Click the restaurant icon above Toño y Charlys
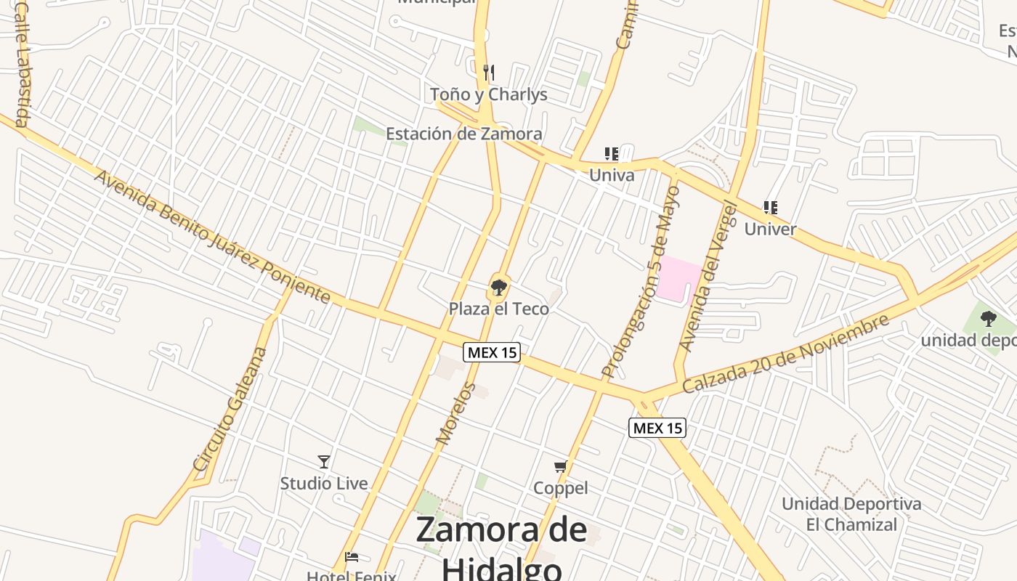(489, 73)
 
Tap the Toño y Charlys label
(489, 94)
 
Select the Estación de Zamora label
(463, 134)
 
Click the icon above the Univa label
(612, 154)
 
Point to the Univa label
(612, 175)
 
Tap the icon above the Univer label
(771, 208)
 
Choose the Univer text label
(771, 229)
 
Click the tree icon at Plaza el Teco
(498, 288)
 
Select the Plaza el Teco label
(499, 309)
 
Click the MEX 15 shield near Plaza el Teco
(493, 352)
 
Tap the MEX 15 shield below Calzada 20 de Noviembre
(657, 428)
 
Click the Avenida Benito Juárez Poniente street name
(212, 237)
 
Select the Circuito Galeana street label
(230, 409)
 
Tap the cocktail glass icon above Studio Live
(324, 462)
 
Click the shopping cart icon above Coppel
(560, 467)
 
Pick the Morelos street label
(456, 413)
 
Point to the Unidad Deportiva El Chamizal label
(851, 514)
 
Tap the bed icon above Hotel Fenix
(352, 557)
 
